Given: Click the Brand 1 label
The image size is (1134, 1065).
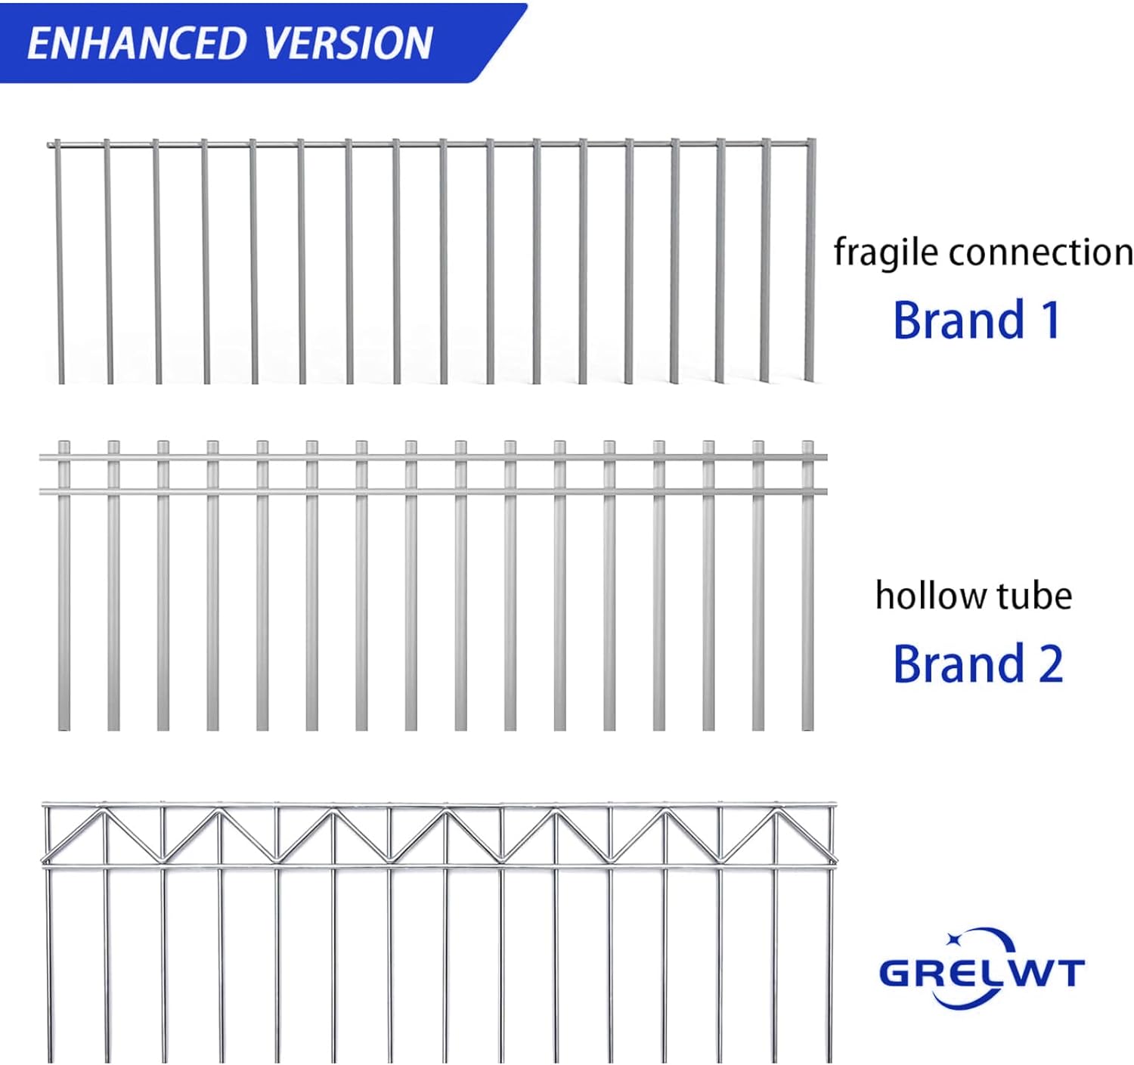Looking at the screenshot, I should point(977,320).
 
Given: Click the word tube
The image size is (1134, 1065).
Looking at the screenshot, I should point(1033,596).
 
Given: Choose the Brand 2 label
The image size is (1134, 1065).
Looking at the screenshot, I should point(978,664).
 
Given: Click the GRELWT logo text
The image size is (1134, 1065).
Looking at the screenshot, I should point(981,972).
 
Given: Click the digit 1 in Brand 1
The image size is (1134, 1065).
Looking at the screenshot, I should point(1051,320).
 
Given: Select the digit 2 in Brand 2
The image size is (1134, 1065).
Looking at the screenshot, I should point(1051,664).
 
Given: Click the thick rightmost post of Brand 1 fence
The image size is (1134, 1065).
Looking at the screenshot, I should point(810,261).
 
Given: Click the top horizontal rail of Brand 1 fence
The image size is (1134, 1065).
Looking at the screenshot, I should point(431,142).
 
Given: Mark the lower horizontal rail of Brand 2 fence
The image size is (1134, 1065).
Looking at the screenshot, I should point(431,491).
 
